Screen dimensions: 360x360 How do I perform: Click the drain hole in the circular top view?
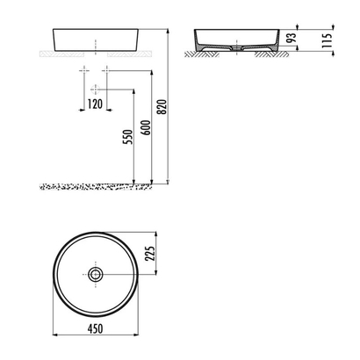(x=96, y=274)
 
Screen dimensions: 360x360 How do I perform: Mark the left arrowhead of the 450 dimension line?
(x=55, y=335)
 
